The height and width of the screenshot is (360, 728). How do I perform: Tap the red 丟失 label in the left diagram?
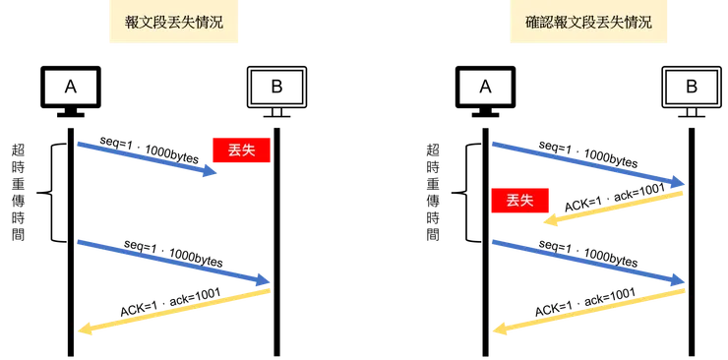tap(241, 150)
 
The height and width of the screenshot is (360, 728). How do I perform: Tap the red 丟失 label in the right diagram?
tap(519, 201)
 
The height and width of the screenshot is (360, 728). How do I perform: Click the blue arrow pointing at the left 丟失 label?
tap(148, 159)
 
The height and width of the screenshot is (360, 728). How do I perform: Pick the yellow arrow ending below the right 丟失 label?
tap(612, 208)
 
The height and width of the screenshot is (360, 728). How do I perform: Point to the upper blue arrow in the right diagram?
tap(587, 163)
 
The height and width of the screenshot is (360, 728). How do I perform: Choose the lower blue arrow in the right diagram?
tap(587, 264)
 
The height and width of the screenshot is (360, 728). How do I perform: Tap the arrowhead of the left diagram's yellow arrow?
tap(85, 330)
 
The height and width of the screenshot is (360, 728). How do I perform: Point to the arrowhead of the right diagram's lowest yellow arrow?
tap(498, 330)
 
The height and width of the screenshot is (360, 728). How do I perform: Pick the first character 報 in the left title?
tap(132, 23)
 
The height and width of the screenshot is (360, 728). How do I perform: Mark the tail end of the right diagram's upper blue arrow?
tap(495, 145)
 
